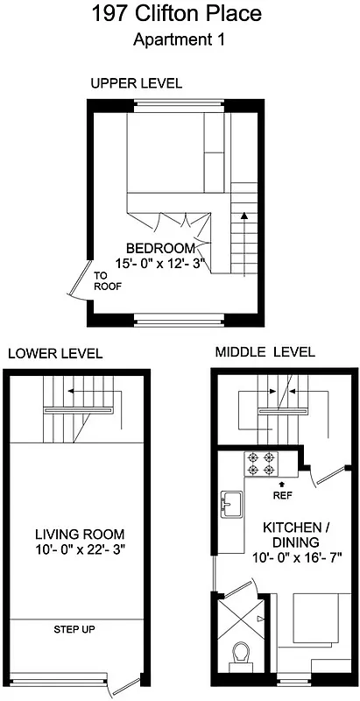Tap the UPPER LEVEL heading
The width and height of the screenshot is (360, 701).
point(136,84)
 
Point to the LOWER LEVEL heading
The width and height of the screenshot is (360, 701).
point(55,354)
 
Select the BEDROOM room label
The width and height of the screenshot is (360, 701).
point(160,247)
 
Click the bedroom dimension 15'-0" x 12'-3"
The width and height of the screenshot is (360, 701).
point(165,262)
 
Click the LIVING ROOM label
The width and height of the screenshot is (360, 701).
point(79,534)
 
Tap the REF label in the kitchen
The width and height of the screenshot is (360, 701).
point(282,495)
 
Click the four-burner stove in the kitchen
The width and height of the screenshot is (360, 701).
point(260,462)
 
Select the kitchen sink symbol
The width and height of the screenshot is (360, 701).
point(232,505)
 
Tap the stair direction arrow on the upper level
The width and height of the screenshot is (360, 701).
point(245,213)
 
